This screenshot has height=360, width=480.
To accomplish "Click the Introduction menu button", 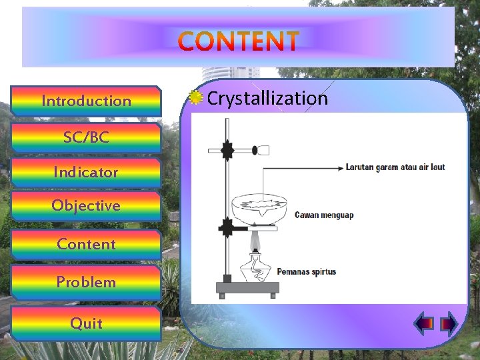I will pyautogui.click(x=86, y=101).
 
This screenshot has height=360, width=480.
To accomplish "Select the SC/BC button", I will pyautogui.click(x=86, y=137).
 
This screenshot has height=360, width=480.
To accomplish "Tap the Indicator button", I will pyautogui.click(x=86, y=172).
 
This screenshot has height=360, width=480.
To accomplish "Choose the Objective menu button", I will pyautogui.click(x=86, y=205).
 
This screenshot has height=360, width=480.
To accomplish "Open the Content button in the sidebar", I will pyautogui.click(x=86, y=244).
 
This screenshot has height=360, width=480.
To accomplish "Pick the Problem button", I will pyautogui.click(x=86, y=282).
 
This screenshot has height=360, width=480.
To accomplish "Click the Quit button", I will pyautogui.click(x=86, y=323).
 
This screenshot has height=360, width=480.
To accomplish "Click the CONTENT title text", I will pyautogui.click(x=239, y=41).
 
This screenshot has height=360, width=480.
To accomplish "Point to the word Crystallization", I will pyautogui.click(x=267, y=99).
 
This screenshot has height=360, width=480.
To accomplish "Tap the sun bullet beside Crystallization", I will pyautogui.click(x=195, y=98).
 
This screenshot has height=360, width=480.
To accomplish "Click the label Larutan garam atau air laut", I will pyautogui.click(x=395, y=167).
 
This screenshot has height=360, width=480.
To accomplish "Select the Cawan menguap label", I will pyautogui.click(x=324, y=215).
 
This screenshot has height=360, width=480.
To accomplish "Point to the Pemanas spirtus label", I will pyautogui.click(x=307, y=271).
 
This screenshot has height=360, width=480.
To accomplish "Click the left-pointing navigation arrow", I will pyautogui.click(x=425, y=324).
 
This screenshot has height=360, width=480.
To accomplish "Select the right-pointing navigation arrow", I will pyautogui.click(x=449, y=324).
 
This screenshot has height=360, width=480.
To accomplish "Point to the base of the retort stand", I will pyautogui.click(x=247, y=289).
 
